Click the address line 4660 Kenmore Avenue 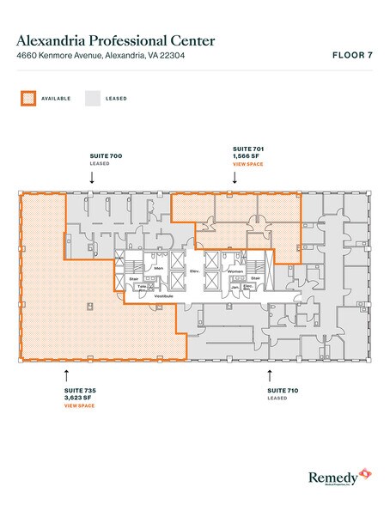coord(104,57)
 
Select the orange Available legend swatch coord(28,99)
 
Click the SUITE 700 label coord(107,155)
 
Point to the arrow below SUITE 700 coord(92,177)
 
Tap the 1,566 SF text coord(248,155)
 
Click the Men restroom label coord(159,269)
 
